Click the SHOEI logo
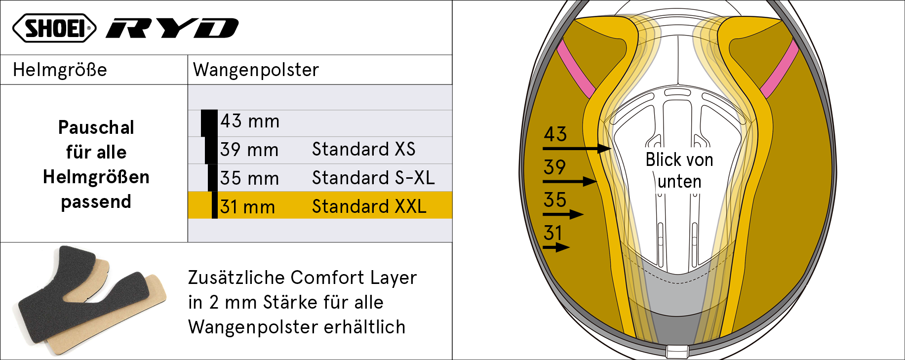click(x=54, y=28)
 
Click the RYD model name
click(x=172, y=28)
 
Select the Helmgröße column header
click(x=60, y=70)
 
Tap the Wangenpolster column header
click(x=256, y=70)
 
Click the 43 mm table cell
click(x=250, y=121)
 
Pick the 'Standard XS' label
click(x=363, y=149)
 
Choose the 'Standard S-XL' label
click(x=373, y=178)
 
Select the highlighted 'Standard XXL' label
click(x=369, y=206)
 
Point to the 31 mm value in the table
click(x=247, y=207)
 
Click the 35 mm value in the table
click(x=249, y=178)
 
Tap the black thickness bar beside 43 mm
click(x=209, y=123)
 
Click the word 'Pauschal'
click(x=96, y=127)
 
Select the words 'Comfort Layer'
click(x=354, y=278)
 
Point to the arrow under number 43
click(x=577, y=148)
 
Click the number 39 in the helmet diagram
click(x=554, y=167)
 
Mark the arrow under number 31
click(x=556, y=247)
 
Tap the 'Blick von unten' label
click(x=679, y=170)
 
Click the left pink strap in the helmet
click(x=576, y=69)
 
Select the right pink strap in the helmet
click(x=780, y=69)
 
